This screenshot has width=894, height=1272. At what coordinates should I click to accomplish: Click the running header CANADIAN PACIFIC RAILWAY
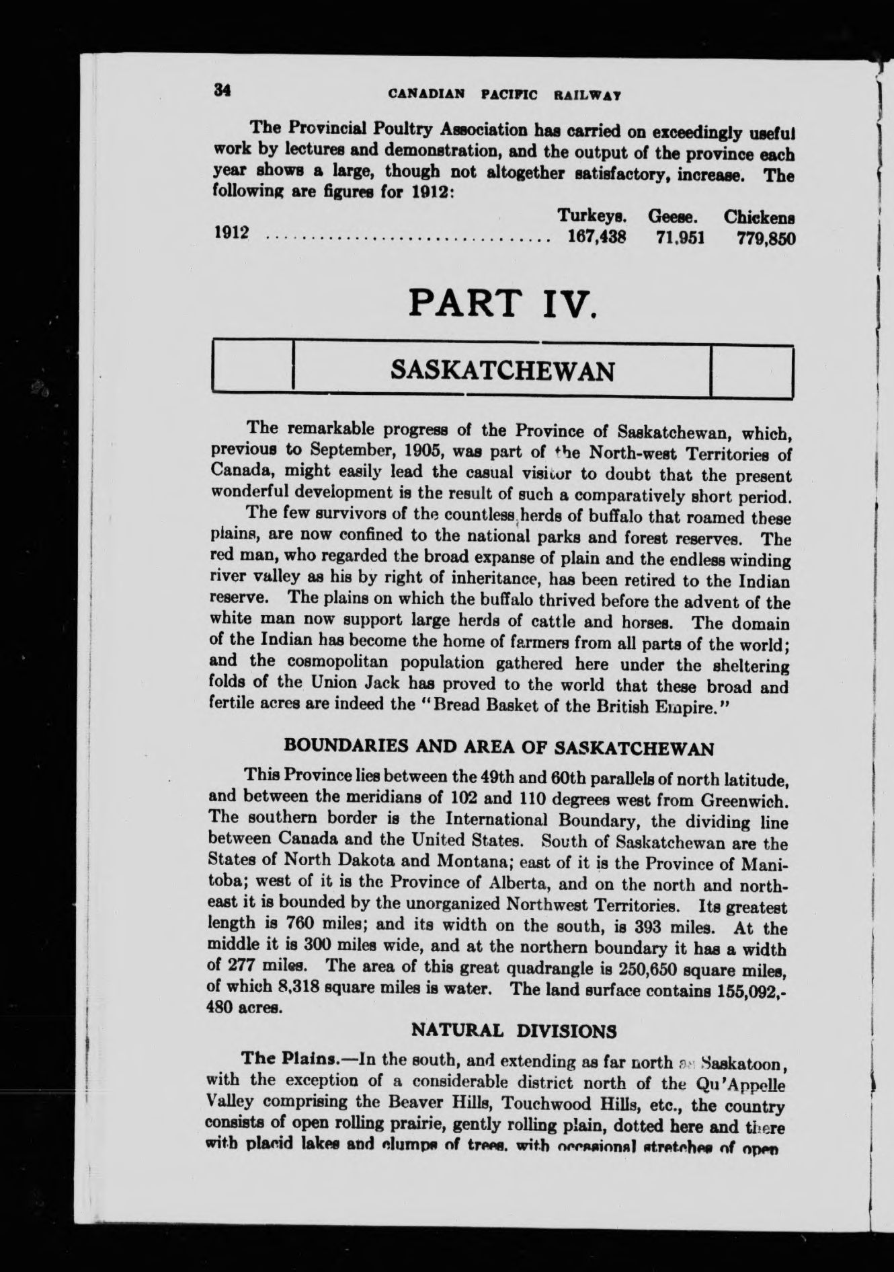pyautogui.click(x=503, y=95)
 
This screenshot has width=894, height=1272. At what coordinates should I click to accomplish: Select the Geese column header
pyautogui.click(x=676, y=217)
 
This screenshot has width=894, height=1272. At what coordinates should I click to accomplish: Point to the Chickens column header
pyautogui.click(x=760, y=218)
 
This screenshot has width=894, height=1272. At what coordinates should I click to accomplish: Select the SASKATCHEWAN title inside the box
pyautogui.click(x=502, y=369)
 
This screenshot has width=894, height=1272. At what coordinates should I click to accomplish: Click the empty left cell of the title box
pyautogui.click(x=253, y=367)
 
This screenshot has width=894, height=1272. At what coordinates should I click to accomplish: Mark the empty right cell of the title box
pyautogui.click(x=752, y=370)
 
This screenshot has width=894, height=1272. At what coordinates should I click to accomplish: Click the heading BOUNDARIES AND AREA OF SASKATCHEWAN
pyautogui.click(x=498, y=747)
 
